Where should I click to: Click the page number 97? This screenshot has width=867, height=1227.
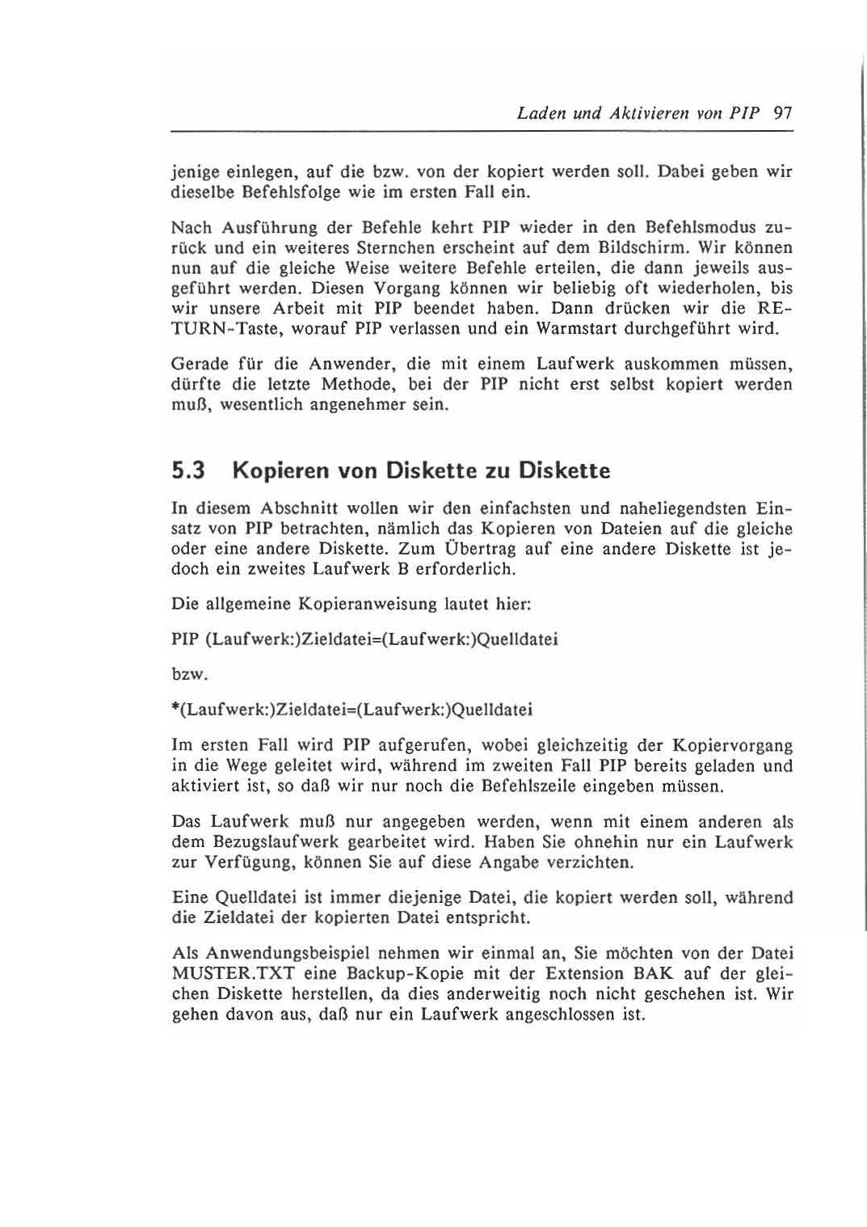pyautogui.click(x=782, y=113)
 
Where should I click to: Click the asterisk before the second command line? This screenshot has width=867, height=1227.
pyautogui.click(x=176, y=708)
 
